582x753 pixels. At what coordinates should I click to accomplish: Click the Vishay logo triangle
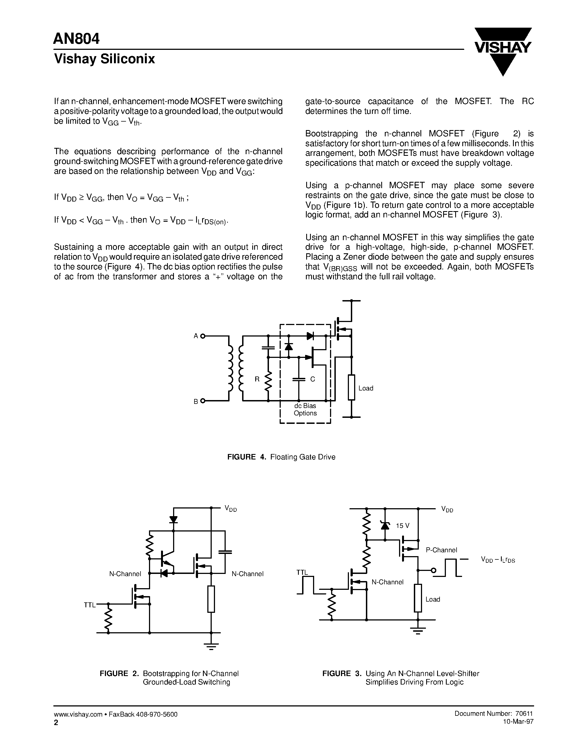pyautogui.click(x=503, y=52)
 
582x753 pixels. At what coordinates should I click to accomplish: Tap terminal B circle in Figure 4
pyautogui.click(x=203, y=401)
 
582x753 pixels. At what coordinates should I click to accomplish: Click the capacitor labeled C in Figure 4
pyautogui.click(x=299, y=379)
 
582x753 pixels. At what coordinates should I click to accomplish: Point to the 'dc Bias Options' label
pyautogui.click(x=305, y=410)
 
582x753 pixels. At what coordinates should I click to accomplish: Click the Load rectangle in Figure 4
pyautogui.click(x=351, y=387)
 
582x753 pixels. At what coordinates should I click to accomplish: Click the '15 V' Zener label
pyautogui.click(x=402, y=526)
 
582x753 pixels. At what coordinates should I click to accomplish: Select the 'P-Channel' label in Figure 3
pyautogui.click(x=441, y=550)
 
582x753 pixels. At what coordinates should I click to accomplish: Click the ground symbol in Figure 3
pyautogui.click(x=418, y=632)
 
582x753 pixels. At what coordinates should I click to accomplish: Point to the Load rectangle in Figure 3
pyautogui.click(x=418, y=598)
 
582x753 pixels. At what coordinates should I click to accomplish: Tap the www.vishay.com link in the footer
pyautogui.click(x=78, y=714)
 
